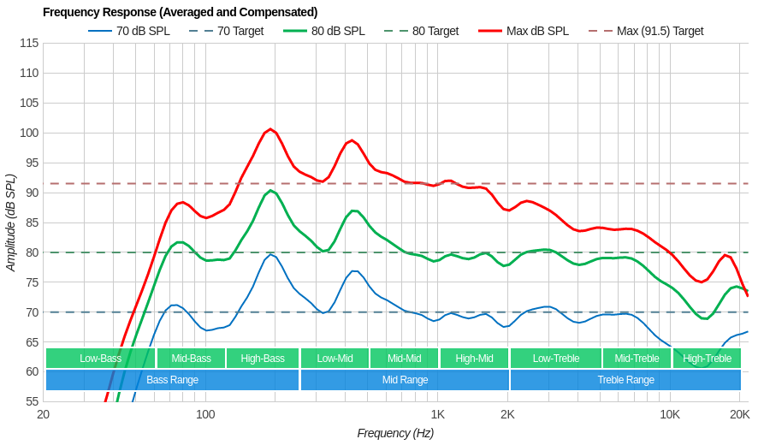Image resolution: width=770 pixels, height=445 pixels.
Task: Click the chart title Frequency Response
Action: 180,12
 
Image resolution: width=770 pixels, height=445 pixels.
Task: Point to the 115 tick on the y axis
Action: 29,43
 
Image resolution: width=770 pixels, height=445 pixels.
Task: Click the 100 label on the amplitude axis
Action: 29,133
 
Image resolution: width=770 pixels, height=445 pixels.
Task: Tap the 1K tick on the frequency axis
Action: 437,414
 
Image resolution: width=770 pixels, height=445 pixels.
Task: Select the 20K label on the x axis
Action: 739,414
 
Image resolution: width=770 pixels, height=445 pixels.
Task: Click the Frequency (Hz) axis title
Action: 395,433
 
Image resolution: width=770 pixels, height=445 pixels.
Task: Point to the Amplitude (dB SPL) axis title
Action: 11,222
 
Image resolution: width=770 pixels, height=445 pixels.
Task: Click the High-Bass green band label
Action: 263,359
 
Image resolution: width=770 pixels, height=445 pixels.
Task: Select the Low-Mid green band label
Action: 335,359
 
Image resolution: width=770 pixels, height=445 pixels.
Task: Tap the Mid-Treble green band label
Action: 637,359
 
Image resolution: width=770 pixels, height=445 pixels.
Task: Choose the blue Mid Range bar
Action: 405,380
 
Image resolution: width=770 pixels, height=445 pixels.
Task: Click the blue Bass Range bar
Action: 172,380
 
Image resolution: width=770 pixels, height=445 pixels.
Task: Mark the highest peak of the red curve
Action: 270,129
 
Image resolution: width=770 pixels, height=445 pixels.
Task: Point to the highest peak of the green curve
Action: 270,190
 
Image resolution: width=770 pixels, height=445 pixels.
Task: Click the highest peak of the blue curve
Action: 270,254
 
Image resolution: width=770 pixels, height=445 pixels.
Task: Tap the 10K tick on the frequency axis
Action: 669,414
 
